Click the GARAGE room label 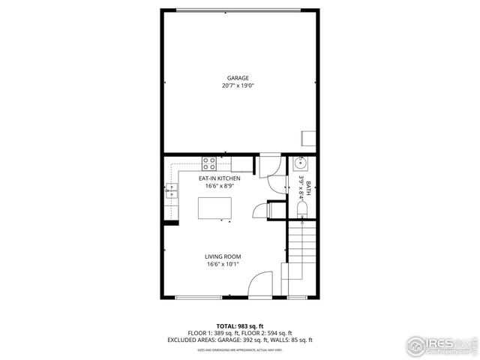[238, 78]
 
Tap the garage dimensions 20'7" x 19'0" [238, 86]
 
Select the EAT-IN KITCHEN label [219, 178]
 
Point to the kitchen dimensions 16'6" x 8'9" [219, 187]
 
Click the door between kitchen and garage [270, 166]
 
